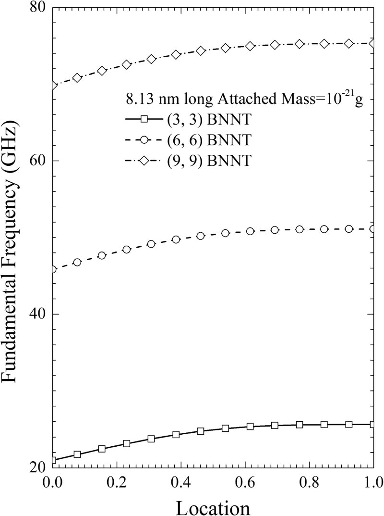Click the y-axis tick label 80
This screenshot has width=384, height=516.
click(x=36, y=9)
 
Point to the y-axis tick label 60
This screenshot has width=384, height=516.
click(x=36, y=161)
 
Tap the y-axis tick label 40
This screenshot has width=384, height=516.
click(x=36, y=314)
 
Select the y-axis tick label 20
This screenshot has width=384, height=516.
click(x=36, y=467)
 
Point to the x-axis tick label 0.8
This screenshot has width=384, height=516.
click(x=310, y=481)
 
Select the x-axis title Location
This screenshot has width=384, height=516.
click(x=212, y=505)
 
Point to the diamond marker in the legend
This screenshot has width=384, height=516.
click(x=143, y=161)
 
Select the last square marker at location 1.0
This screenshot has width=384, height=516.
click(x=373, y=424)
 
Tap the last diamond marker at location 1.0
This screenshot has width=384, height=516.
click(x=373, y=44)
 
